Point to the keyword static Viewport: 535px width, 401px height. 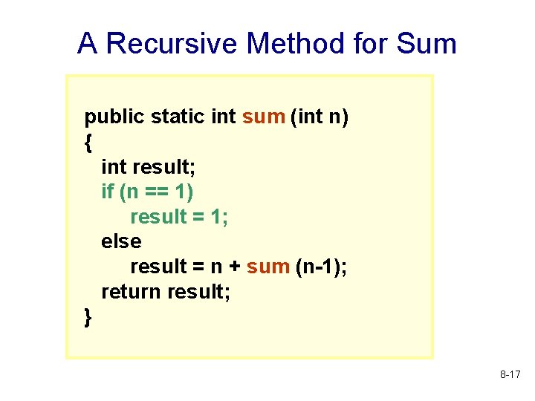178,117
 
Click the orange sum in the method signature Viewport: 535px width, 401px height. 263,117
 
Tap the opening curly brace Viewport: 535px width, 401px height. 89,143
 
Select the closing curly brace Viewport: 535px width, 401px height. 89,317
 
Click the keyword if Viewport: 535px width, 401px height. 108,192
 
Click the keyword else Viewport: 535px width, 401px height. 121,241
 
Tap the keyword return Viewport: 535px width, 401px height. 132,292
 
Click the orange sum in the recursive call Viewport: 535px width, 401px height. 267,267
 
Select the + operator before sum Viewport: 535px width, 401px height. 233,267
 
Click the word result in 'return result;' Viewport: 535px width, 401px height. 199,292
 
